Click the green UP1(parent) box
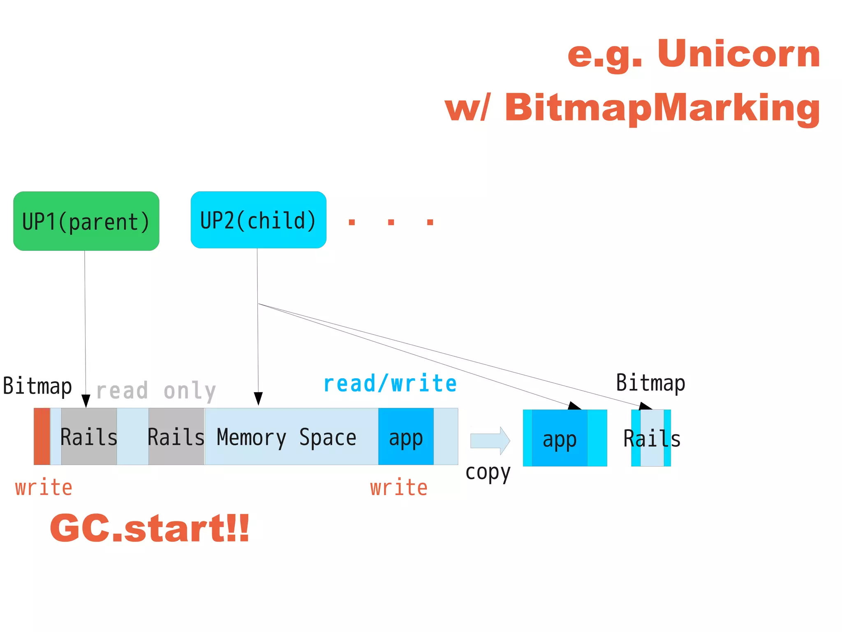coord(86,221)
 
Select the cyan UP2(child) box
coord(258,220)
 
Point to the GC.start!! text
coord(150,528)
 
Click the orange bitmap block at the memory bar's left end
coord(42,437)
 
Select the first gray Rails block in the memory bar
coord(89,437)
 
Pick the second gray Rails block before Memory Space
coord(176,437)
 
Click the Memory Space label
coord(286,438)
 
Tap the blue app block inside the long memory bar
coord(406,437)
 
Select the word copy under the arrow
coord(488,473)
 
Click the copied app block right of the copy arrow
coord(560,438)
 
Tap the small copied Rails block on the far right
coord(652,438)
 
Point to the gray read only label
coord(156,391)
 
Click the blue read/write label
coord(390,384)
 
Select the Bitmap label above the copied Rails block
coord(650,383)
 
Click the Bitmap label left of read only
coord(37,386)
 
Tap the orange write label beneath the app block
coord(399,488)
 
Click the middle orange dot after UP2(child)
coord(391,222)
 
